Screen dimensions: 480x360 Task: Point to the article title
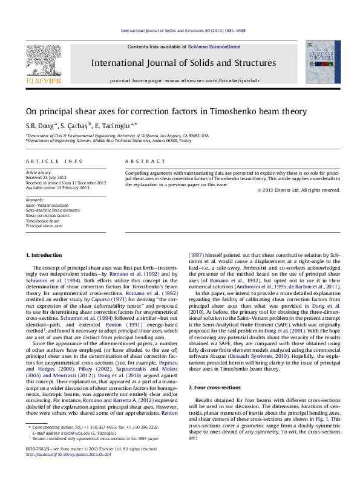pyautogui.click(x=166, y=111)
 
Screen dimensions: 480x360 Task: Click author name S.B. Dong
pyautogui.click(x=39, y=125)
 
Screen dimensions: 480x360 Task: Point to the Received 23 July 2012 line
pyautogui.click(x=47, y=178)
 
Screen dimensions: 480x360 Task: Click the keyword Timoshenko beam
pyautogui.click(x=42, y=221)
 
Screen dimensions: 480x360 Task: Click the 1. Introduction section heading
pyautogui.click(x=46, y=256)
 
